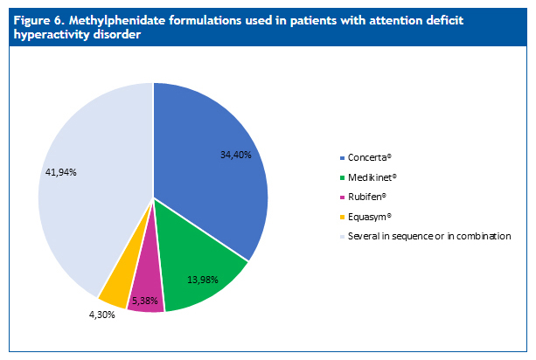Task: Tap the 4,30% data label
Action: coord(101,315)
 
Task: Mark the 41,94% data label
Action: coord(61,172)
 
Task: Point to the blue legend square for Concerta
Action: coord(341,158)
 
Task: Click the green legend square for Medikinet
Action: coord(341,177)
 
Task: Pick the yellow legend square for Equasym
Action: coord(341,217)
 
